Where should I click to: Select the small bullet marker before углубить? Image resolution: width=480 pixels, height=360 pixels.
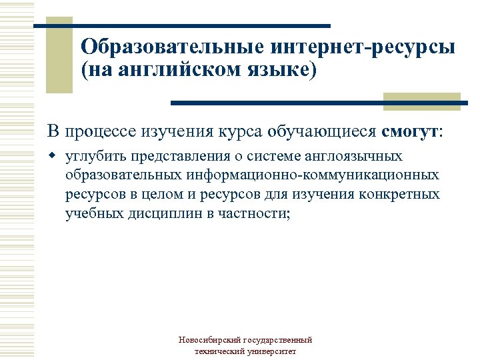53,157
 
